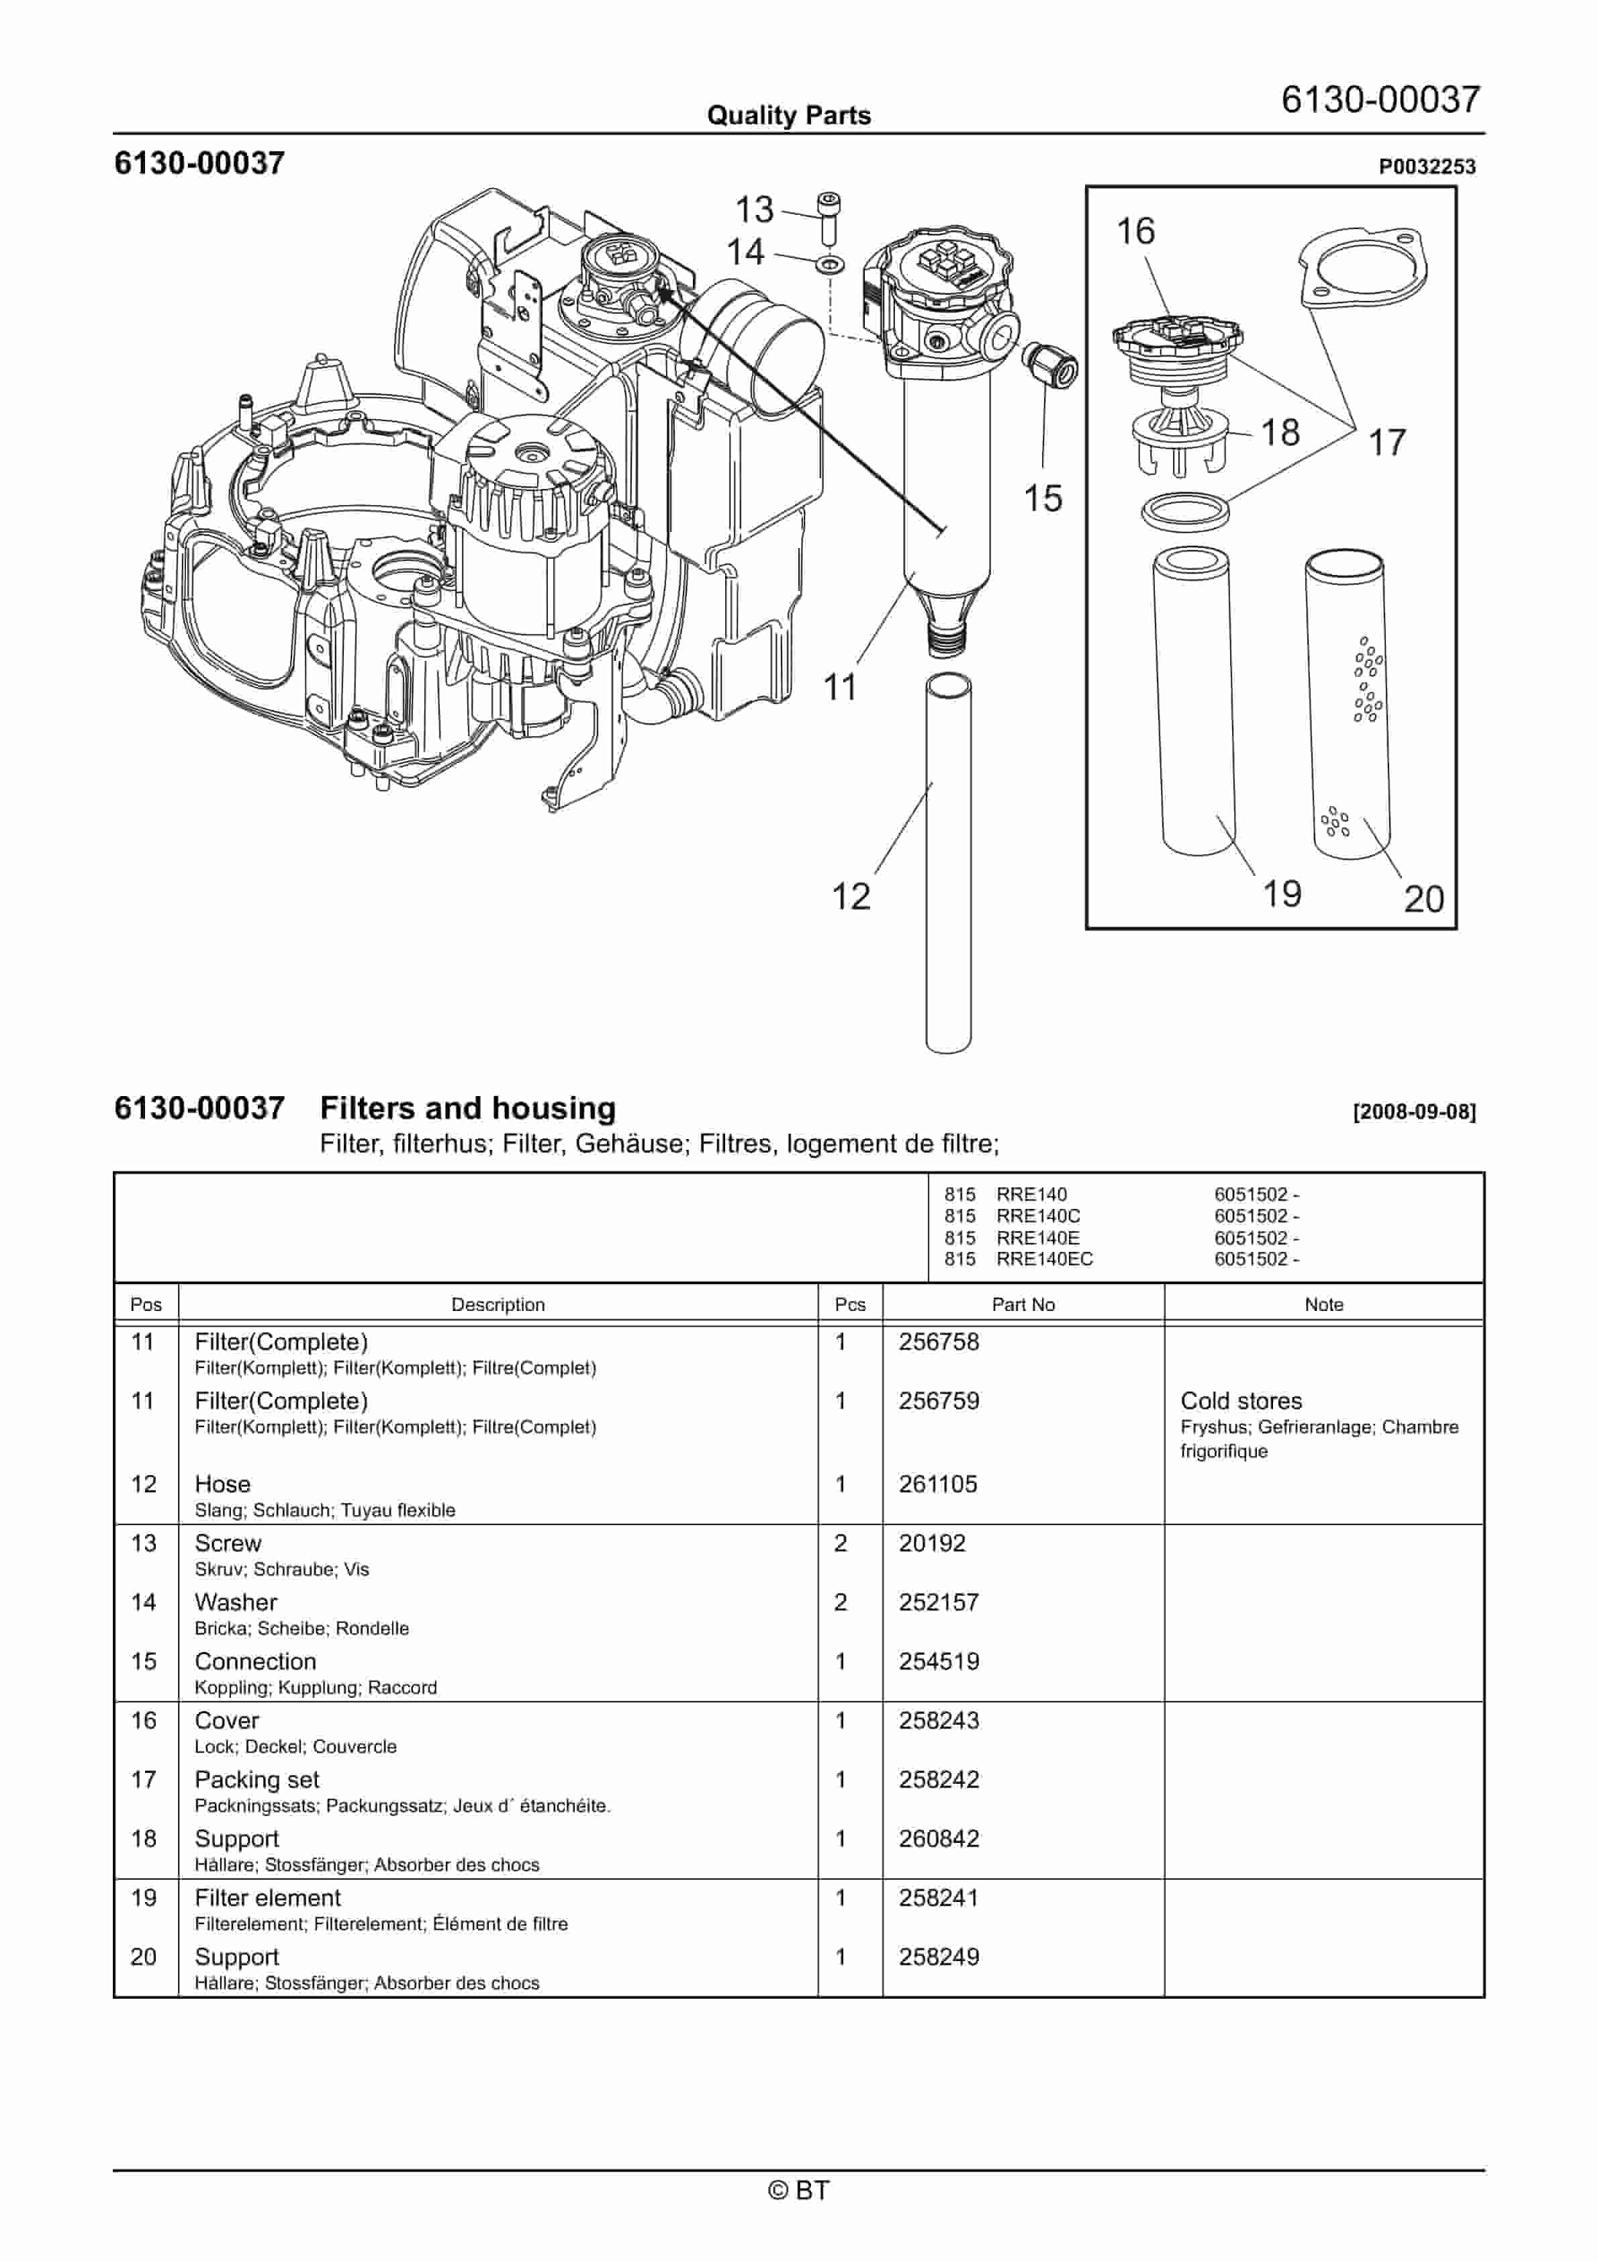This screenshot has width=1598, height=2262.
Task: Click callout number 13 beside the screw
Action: coord(755,210)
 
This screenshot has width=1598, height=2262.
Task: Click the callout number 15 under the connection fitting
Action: coord(1042,498)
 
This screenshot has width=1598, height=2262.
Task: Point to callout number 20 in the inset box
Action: coord(1423,899)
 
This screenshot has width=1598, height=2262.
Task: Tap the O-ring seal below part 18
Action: coord(1186,511)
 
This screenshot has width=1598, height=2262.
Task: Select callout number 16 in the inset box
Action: coord(1135,232)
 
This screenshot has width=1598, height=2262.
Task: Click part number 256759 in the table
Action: coord(938,1401)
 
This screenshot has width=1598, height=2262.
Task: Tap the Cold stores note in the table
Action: coord(1240,1401)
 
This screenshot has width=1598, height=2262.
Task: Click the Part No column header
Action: coord(1023,1304)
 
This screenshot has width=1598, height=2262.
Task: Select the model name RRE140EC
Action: coord(1043,1259)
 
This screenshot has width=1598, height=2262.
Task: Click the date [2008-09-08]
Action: coord(1414,1112)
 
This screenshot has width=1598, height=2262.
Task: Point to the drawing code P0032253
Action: coord(1427,167)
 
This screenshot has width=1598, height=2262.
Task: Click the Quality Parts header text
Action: coord(788,116)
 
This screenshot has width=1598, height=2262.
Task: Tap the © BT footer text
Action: coord(798,2190)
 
